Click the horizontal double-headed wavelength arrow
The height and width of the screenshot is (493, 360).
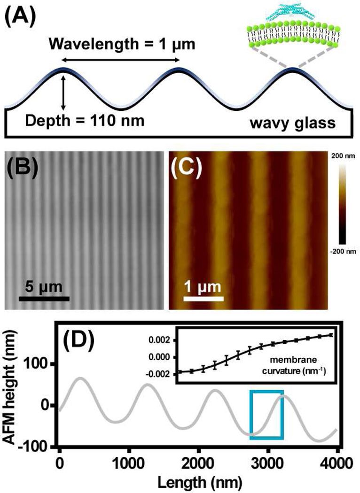pos(120,60)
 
